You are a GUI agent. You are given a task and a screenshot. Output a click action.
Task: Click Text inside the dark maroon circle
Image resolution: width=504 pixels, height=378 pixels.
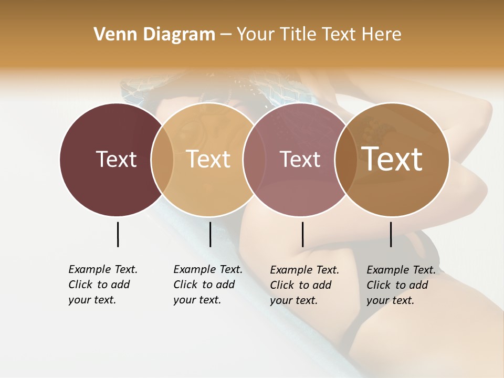(x=116, y=159)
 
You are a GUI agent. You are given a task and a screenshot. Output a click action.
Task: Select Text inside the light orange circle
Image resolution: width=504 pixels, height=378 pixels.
(x=208, y=159)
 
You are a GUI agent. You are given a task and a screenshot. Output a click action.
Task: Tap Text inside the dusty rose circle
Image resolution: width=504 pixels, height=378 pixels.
(x=300, y=159)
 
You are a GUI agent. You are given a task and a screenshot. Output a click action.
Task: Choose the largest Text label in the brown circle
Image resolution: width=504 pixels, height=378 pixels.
(x=392, y=159)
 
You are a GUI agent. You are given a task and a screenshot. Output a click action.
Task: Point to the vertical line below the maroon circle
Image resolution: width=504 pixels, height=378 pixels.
(x=118, y=234)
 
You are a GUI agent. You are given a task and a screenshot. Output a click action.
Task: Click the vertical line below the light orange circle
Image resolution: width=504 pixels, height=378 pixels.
(x=210, y=234)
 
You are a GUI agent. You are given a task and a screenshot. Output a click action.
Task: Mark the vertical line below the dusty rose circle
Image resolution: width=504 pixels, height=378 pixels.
(x=302, y=234)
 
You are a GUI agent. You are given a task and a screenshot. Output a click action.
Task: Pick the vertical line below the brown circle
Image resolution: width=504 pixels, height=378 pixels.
(x=391, y=234)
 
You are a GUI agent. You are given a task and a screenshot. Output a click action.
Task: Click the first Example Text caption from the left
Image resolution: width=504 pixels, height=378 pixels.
(x=102, y=285)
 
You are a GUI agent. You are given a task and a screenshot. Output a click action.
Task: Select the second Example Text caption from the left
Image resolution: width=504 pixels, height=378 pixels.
(x=207, y=285)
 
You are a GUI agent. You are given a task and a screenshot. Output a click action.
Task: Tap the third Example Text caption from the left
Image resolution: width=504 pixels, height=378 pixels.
(x=304, y=285)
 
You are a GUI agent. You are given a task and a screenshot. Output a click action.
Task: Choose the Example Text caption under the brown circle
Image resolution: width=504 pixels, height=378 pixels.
(x=401, y=285)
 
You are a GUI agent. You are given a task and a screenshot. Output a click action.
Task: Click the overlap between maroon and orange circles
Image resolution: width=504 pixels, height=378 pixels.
(x=162, y=159)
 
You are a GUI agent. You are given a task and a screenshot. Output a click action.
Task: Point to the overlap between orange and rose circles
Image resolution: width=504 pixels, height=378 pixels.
(x=254, y=159)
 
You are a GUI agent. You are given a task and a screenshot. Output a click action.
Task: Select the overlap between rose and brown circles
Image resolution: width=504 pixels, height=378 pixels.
(x=346, y=159)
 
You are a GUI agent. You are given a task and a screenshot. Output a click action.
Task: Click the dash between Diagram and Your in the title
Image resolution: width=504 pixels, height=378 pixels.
(x=226, y=35)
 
